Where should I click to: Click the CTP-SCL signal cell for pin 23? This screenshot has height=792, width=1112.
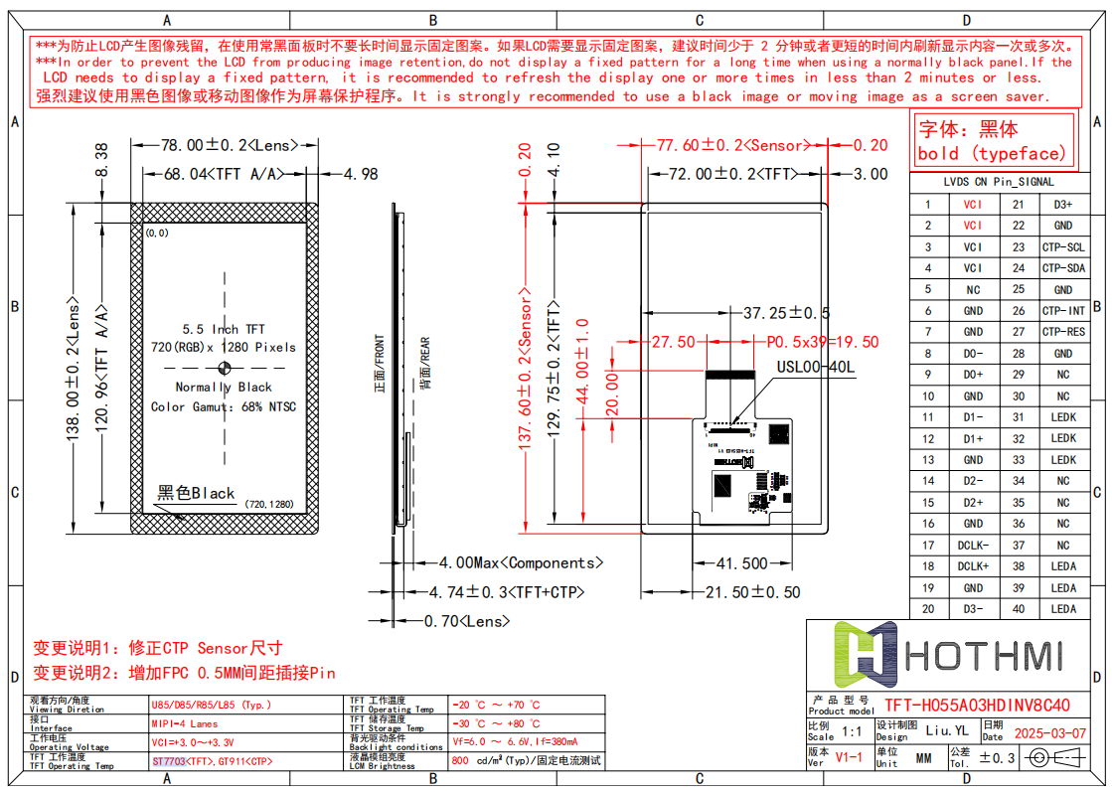click(x=1063, y=247)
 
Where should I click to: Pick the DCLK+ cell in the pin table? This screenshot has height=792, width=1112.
click(x=973, y=566)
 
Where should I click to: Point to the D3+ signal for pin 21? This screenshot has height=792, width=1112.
click(x=1063, y=205)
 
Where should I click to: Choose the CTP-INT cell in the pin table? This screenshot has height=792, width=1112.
click(x=1063, y=311)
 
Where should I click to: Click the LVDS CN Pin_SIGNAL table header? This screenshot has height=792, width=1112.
click(x=999, y=182)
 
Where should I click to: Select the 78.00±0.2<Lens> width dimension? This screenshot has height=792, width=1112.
click(x=228, y=145)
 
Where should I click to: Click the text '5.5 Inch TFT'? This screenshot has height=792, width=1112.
click(x=224, y=329)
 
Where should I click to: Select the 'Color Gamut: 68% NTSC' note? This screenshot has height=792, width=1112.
click(x=224, y=406)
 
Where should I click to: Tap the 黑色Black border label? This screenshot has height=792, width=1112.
click(x=196, y=493)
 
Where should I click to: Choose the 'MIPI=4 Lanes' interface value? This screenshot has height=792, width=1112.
click(x=185, y=724)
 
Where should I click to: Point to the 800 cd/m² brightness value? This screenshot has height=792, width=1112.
click(x=527, y=761)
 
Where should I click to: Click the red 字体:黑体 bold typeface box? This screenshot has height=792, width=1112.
click(x=993, y=140)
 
